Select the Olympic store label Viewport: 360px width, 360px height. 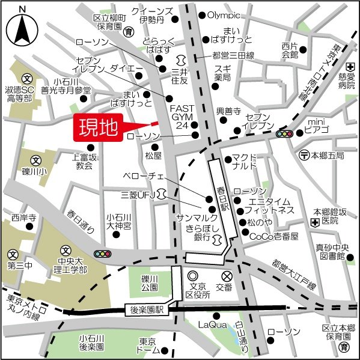223,15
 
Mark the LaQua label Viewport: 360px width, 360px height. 211,325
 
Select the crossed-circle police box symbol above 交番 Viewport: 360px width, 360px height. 227,276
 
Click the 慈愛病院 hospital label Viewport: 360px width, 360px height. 347,81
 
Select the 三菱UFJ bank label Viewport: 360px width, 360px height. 138,195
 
